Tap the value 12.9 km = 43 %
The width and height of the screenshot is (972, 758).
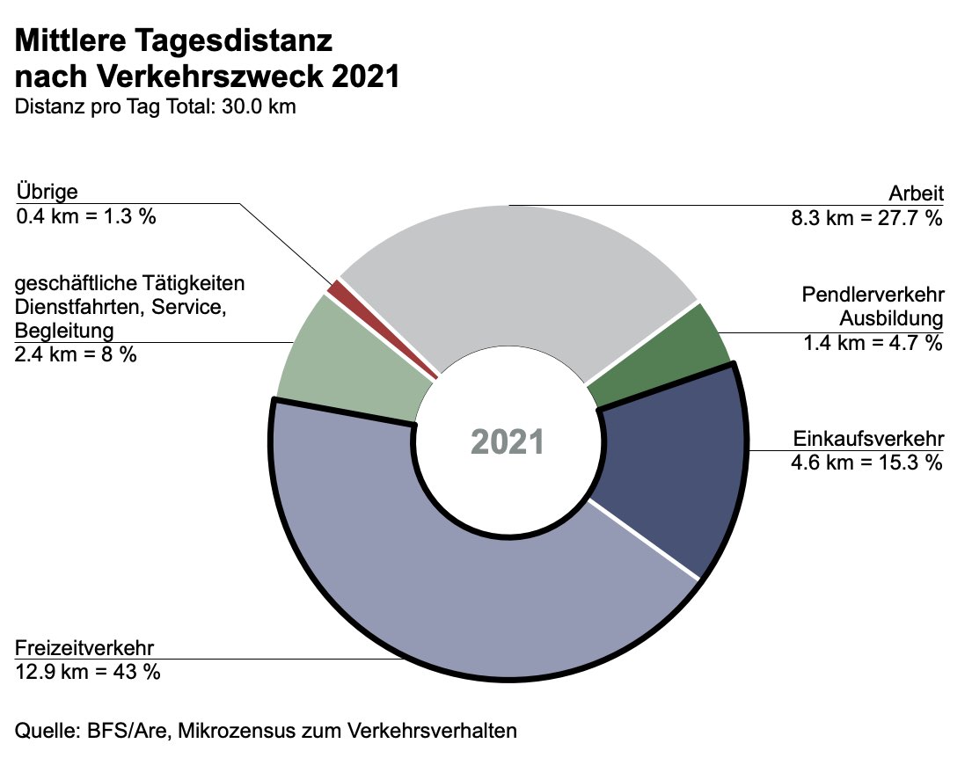[x=88, y=671]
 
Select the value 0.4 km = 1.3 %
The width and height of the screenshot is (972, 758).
[x=85, y=215]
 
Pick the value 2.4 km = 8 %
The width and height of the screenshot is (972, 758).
[x=76, y=353]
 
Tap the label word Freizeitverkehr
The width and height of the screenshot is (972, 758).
[x=85, y=649]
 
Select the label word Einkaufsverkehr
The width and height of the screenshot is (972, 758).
[x=867, y=438]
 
